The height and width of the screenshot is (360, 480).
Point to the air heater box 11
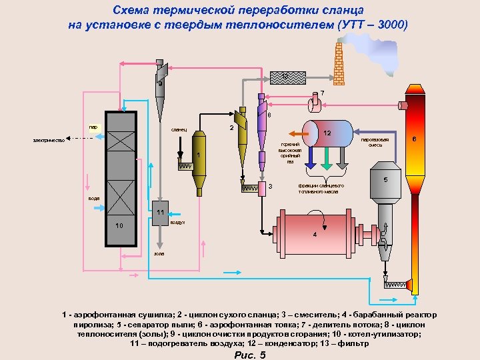(x=160, y=213)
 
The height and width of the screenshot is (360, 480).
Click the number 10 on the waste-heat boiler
(x=119, y=226)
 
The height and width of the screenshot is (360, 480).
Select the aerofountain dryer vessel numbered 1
(x=199, y=160)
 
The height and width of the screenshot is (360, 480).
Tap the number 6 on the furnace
(x=415, y=139)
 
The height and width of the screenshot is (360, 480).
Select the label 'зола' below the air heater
(x=159, y=254)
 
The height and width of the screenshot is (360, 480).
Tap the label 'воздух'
(x=178, y=222)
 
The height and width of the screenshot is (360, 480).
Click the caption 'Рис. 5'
(x=250, y=355)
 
